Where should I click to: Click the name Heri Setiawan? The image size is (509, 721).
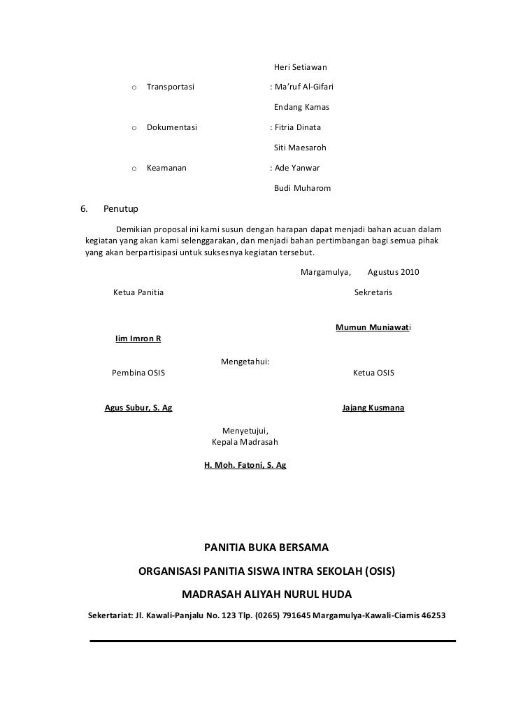coord(300,68)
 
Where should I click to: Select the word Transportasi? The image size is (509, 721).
coord(171,87)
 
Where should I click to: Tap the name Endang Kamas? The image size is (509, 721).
coord(301,108)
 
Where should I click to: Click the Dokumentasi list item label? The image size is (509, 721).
coord(172,128)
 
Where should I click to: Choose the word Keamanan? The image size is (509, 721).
coord(166,168)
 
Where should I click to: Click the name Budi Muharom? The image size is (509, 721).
coord(302,188)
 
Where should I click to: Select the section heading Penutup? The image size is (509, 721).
coord(121,208)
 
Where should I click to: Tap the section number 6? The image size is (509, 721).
coord(83,208)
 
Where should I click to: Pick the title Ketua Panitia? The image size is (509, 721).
coord(138,292)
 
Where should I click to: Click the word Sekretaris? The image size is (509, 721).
coord(373,292)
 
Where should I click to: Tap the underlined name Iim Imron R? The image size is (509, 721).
coord(138,338)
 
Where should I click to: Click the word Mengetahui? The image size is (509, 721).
coord(245,362)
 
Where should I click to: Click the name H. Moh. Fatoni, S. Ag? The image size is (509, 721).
coord(245,464)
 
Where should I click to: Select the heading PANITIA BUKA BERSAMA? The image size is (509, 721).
coord(266,546)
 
